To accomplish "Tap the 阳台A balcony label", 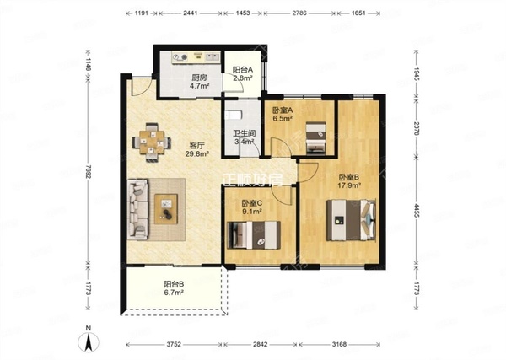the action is click(243, 70).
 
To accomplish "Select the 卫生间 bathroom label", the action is click(245, 133).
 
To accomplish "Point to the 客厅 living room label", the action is click(197, 146).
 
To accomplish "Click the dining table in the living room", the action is click(151, 142).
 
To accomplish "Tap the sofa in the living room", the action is click(138, 209).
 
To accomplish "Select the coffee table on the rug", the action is click(166, 209).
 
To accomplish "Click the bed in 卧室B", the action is click(351, 220).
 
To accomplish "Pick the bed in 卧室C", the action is click(254, 235).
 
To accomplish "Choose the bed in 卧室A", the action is click(315, 137).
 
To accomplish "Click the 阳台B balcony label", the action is click(174, 284).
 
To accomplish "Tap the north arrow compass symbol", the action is click(89, 341).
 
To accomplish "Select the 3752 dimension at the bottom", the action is click(174, 345).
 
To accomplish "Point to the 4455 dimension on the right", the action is click(417, 211).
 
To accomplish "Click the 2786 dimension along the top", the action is click(299, 13).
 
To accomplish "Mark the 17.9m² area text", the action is click(349, 185).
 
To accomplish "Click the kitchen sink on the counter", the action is click(213, 57).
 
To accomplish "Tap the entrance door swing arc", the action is click(142, 88).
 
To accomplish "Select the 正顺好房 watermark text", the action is click(253, 180).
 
